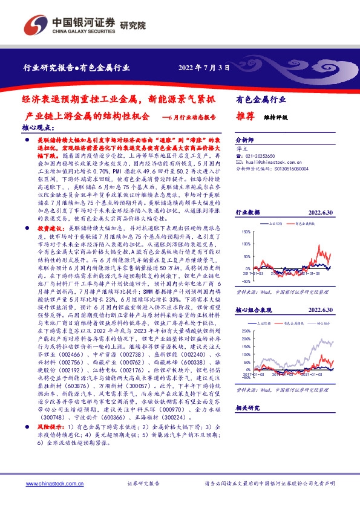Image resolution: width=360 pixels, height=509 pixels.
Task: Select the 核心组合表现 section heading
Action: click(x=254, y=326)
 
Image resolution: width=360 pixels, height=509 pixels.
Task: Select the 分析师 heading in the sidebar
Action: click(x=244, y=138)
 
